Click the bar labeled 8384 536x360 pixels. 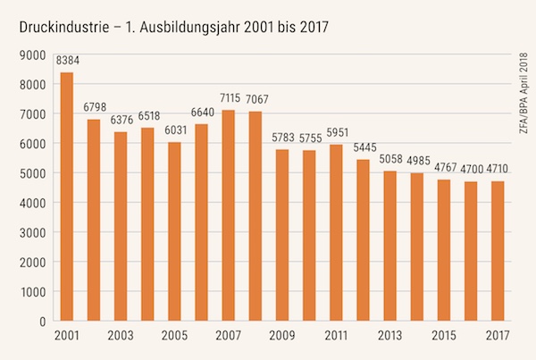[66, 197]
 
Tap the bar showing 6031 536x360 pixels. [174, 231]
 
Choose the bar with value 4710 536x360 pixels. [498, 251]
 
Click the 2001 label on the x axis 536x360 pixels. [66, 338]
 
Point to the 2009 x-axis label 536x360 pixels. [282, 338]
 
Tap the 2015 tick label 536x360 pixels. [444, 338]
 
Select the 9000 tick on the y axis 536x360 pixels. [32, 55]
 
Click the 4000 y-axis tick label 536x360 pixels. [32, 203]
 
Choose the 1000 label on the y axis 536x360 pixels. [32, 291]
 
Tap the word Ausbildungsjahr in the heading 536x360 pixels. [210, 27]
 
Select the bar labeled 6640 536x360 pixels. [201, 222]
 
